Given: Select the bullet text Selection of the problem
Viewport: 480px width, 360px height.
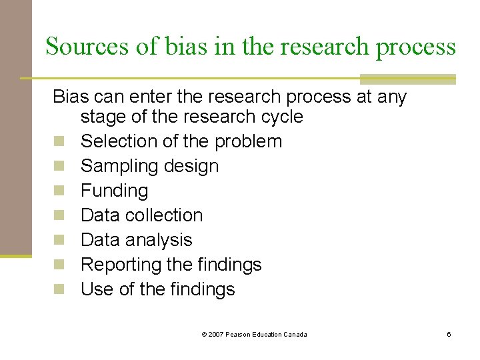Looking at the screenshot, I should [181, 141].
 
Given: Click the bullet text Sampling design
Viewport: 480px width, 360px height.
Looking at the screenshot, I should [149, 166].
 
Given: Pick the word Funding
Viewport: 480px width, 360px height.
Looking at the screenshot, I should [114, 191].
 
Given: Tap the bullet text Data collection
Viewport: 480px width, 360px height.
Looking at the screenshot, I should [141, 215].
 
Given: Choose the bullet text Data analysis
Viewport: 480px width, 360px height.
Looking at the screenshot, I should [136, 240].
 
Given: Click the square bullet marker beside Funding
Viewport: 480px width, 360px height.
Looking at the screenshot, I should [60, 191].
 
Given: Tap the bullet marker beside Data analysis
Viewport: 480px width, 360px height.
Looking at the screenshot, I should [60, 241].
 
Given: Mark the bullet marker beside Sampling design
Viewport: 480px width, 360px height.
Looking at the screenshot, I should [60, 167].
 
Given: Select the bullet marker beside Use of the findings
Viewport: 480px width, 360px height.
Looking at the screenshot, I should [60, 290].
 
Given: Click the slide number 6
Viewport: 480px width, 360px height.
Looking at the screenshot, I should [449, 334].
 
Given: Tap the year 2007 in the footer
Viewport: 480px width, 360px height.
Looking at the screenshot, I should [216, 334].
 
